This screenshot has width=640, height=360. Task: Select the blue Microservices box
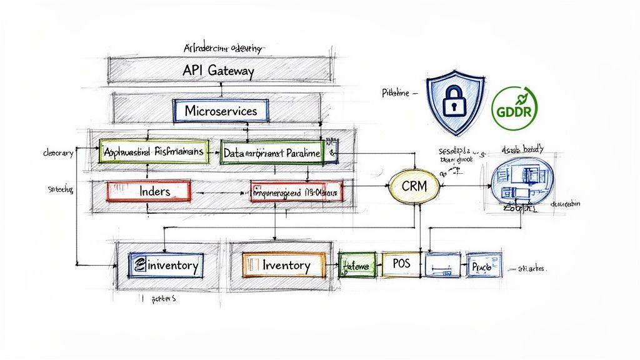click(221, 111)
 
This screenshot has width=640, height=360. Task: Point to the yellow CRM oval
click(414, 186)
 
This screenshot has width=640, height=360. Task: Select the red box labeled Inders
click(149, 191)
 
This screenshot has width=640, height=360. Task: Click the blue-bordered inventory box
click(165, 265)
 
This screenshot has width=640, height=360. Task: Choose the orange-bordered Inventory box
click(284, 265)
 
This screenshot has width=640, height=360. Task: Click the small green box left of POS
click(357, 265)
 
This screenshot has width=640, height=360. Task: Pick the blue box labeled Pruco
click(482, 265)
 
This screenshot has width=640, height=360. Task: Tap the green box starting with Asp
click(154, 152)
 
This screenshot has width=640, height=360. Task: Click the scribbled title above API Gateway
click(225, 48)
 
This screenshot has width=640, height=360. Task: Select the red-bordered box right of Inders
click(297, 191)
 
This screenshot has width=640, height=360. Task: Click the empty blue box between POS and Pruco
click(442, 265)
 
